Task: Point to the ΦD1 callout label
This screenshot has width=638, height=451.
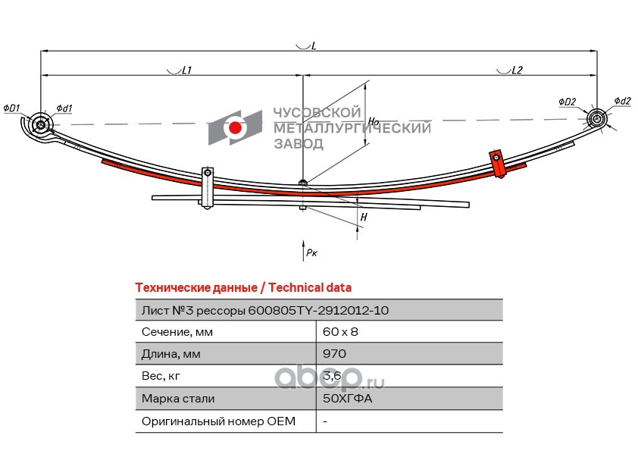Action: click(x=11, y=108)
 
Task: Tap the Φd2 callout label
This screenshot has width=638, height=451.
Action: click(x=622, y=101)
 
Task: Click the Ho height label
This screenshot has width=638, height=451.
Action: click(x=373, y=121)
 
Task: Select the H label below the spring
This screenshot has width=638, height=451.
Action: click(x=364, y=218)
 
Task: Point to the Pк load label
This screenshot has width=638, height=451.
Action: click(x=310, y=252)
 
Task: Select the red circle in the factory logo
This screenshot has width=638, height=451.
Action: click(x=236, y=128)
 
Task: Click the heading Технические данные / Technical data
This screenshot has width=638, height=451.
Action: click(x=242, y=288)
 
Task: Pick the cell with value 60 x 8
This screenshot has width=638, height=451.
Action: click(x=334, y=331)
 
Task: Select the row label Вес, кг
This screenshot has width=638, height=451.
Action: click(x=161, y=376)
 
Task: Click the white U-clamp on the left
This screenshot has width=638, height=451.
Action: click(x=207, y=186)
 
